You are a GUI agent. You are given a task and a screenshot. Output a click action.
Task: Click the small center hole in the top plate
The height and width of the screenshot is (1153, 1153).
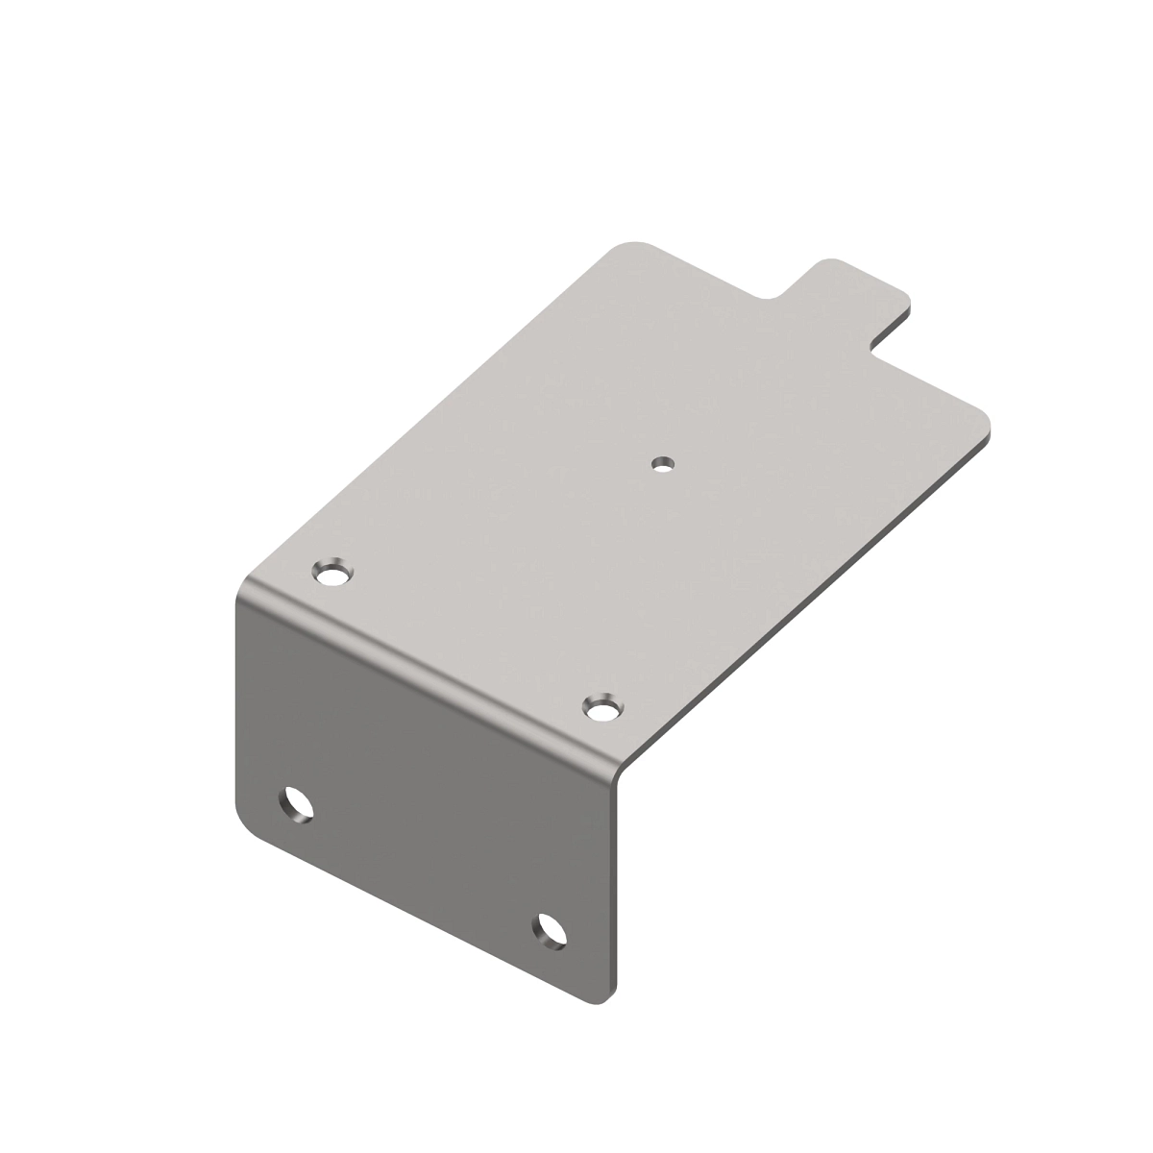[661, 463]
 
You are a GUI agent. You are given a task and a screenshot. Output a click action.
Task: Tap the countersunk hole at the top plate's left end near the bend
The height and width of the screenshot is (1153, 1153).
[333, 575]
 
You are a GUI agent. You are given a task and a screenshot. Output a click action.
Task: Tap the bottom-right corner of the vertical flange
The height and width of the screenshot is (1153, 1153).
[603, 1001]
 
